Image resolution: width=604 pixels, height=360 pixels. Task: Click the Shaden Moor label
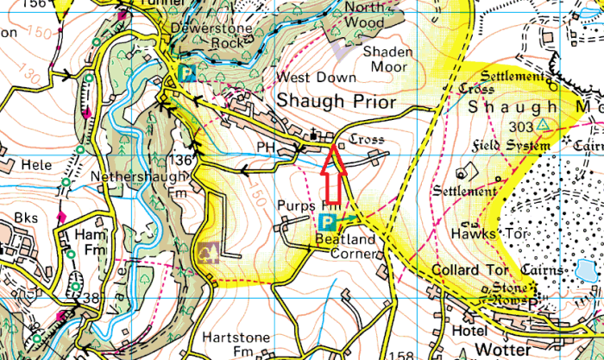tap(388, 59)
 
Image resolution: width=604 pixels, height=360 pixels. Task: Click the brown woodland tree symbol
tap(208, 252)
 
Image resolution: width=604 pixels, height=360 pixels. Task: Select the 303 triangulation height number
tap(519, 126)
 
